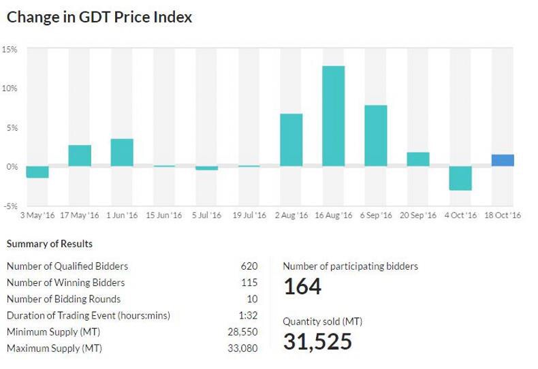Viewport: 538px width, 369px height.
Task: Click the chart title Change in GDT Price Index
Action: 99,17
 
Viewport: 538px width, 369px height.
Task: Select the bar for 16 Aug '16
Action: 334,116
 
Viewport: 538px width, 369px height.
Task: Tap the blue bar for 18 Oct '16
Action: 503,160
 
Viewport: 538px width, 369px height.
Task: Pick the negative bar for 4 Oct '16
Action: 460,178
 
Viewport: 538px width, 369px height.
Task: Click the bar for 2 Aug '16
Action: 291,140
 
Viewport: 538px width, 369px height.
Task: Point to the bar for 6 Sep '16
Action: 376,135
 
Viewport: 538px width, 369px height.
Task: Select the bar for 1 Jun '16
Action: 122,153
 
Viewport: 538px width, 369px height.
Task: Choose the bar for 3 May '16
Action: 37,172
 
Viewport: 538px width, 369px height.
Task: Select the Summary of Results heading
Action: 50,244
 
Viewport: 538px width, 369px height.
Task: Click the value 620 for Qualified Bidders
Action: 248,266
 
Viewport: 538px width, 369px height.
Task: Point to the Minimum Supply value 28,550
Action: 243,332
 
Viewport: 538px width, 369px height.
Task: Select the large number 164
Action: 302,287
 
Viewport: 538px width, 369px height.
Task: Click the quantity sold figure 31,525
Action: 317,340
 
